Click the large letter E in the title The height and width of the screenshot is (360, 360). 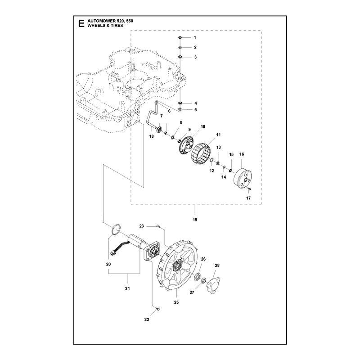click(x=81, y=23)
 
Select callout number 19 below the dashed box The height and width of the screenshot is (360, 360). click(x=195, y=220)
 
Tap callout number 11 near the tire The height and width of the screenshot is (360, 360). click(x=218, y=135)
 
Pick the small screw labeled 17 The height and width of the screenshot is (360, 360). click(x=250, y=189)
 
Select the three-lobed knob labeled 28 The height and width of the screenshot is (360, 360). click(x=213, y=286)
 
